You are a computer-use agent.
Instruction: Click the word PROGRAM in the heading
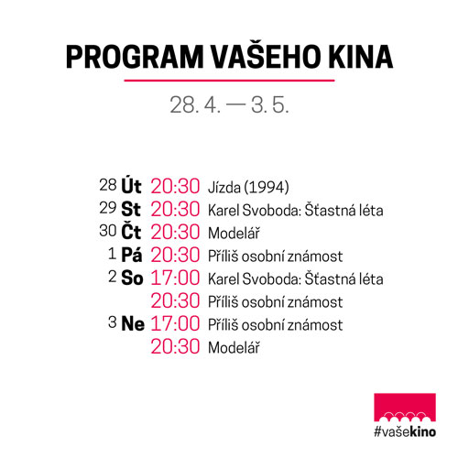point(135,57)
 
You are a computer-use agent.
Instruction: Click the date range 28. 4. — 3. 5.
point(229,104)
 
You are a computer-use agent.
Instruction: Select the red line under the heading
point(229,81)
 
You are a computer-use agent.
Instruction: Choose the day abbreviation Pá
point(132,254)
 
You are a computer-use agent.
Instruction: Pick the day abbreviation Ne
point(133,323)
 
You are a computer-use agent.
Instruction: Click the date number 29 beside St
point(108,208)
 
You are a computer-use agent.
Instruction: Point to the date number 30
point(108,231)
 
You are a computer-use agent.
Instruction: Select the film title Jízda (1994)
point(248,187)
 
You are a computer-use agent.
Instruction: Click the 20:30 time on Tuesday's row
point(175,186)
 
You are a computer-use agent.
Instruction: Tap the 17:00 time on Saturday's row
point(175,278)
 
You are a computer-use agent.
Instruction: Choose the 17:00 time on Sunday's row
point(175,323)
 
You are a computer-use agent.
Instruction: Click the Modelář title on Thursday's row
point(234,233)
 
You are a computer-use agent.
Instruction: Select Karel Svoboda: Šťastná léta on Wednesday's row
point(296,210)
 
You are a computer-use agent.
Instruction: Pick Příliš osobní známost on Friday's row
point(275,256)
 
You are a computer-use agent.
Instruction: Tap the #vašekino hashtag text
point(405,431)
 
